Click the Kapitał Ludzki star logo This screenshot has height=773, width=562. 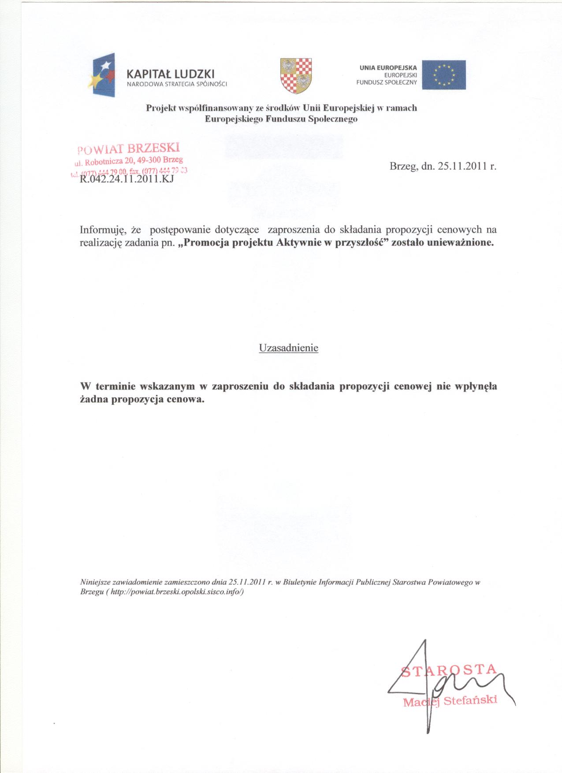(x=104, y=75)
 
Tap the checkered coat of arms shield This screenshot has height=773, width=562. (x=296, y=75)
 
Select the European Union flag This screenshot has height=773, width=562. (x=443, y=75)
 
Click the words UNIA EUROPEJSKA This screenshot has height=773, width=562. (x=388, y=68)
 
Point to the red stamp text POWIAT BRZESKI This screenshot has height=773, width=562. (x=129, y=148)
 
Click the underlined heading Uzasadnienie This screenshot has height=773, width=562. (x=288, y=348)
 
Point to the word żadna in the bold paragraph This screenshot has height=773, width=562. (x=94, y=400)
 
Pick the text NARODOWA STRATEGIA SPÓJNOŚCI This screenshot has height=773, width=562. (x=176, y=84)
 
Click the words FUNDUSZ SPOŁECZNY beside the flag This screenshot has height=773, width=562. (x=387, y=82)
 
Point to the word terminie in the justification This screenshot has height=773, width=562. (x=116, y=387)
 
